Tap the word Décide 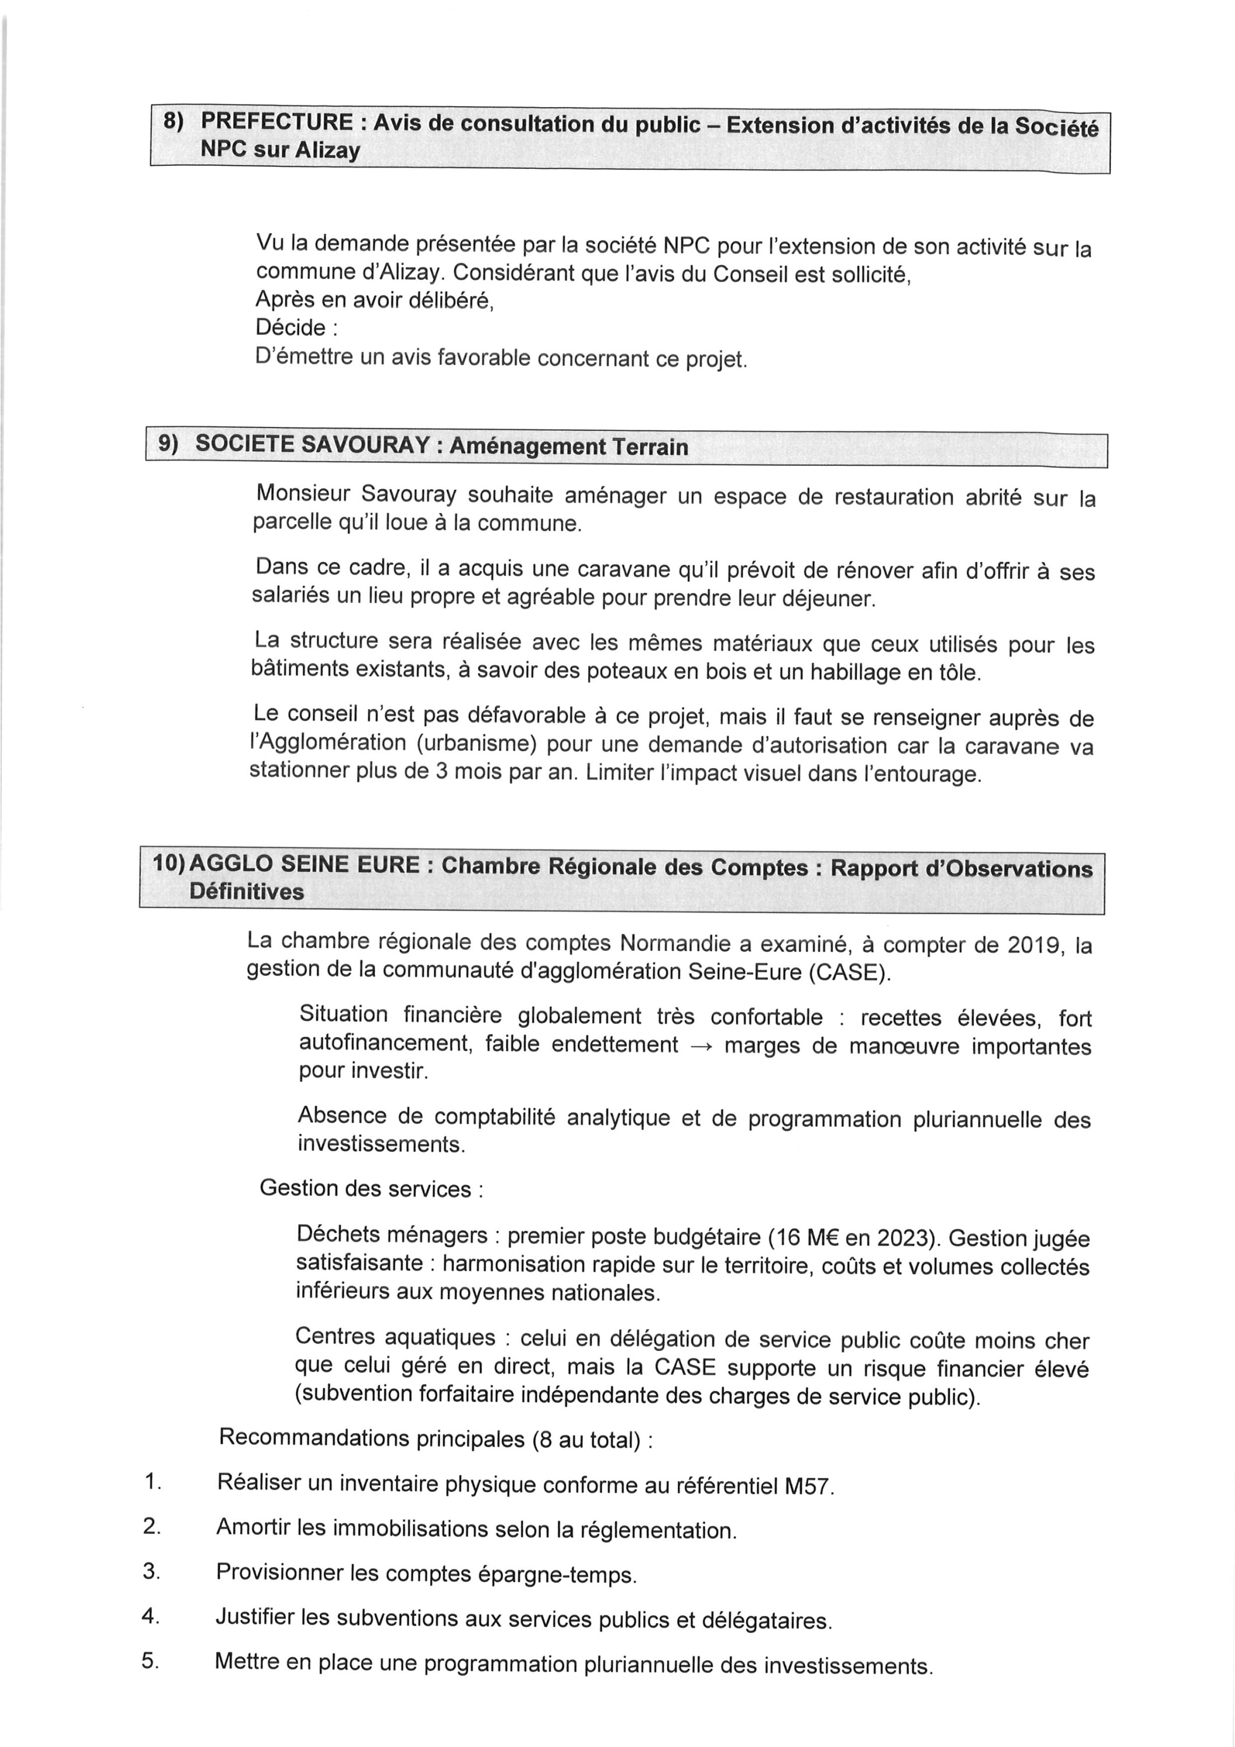click(x=291, y=327)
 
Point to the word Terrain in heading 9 click(x=650, y=447)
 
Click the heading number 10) click(x=168, y=863)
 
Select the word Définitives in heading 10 click(x=246, y=892)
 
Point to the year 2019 click(x=1037, y=945)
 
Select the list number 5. click(x=149, y=1661)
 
